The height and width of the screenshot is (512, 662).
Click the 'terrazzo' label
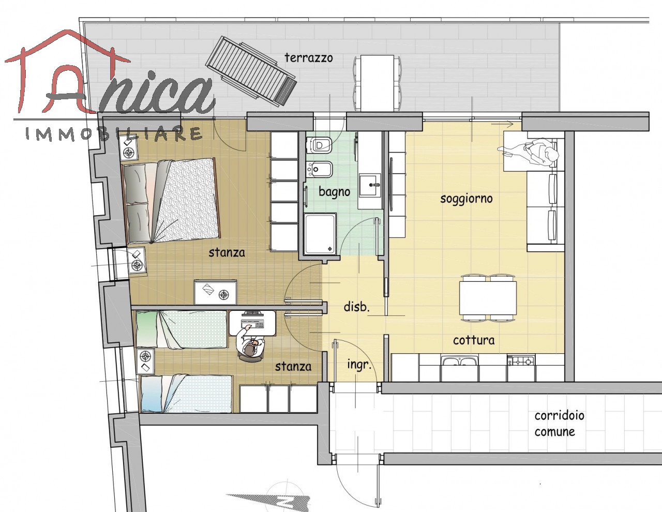point(309,57)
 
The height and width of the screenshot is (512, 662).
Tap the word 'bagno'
point(334,192)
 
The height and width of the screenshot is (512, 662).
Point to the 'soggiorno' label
point(467,199)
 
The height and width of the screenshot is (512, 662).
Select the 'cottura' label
point(474,340)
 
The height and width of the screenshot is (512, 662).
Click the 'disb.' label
point(356,306)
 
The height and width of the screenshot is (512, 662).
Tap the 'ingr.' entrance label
point(359,365)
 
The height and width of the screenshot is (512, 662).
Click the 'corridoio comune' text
point(559,424)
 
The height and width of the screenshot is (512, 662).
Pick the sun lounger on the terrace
point(251,71)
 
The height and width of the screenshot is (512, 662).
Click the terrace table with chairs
point(377,83)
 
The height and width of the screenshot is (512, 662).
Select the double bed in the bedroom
point(171,201)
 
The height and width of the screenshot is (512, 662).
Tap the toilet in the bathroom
point(319,145)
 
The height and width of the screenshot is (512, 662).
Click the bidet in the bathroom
point(319,169)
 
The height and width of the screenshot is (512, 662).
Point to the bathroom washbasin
point(370,185)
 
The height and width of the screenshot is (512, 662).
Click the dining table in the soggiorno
point(488,298)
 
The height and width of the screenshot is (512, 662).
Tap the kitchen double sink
point(459,362)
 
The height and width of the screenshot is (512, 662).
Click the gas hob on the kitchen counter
point(521,361)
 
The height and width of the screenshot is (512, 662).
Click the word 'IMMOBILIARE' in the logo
point(113,134)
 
